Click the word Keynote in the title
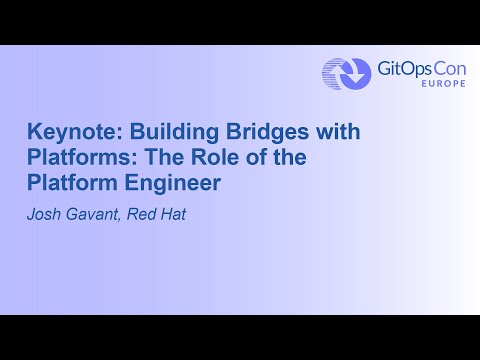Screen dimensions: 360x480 pos(64,132)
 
